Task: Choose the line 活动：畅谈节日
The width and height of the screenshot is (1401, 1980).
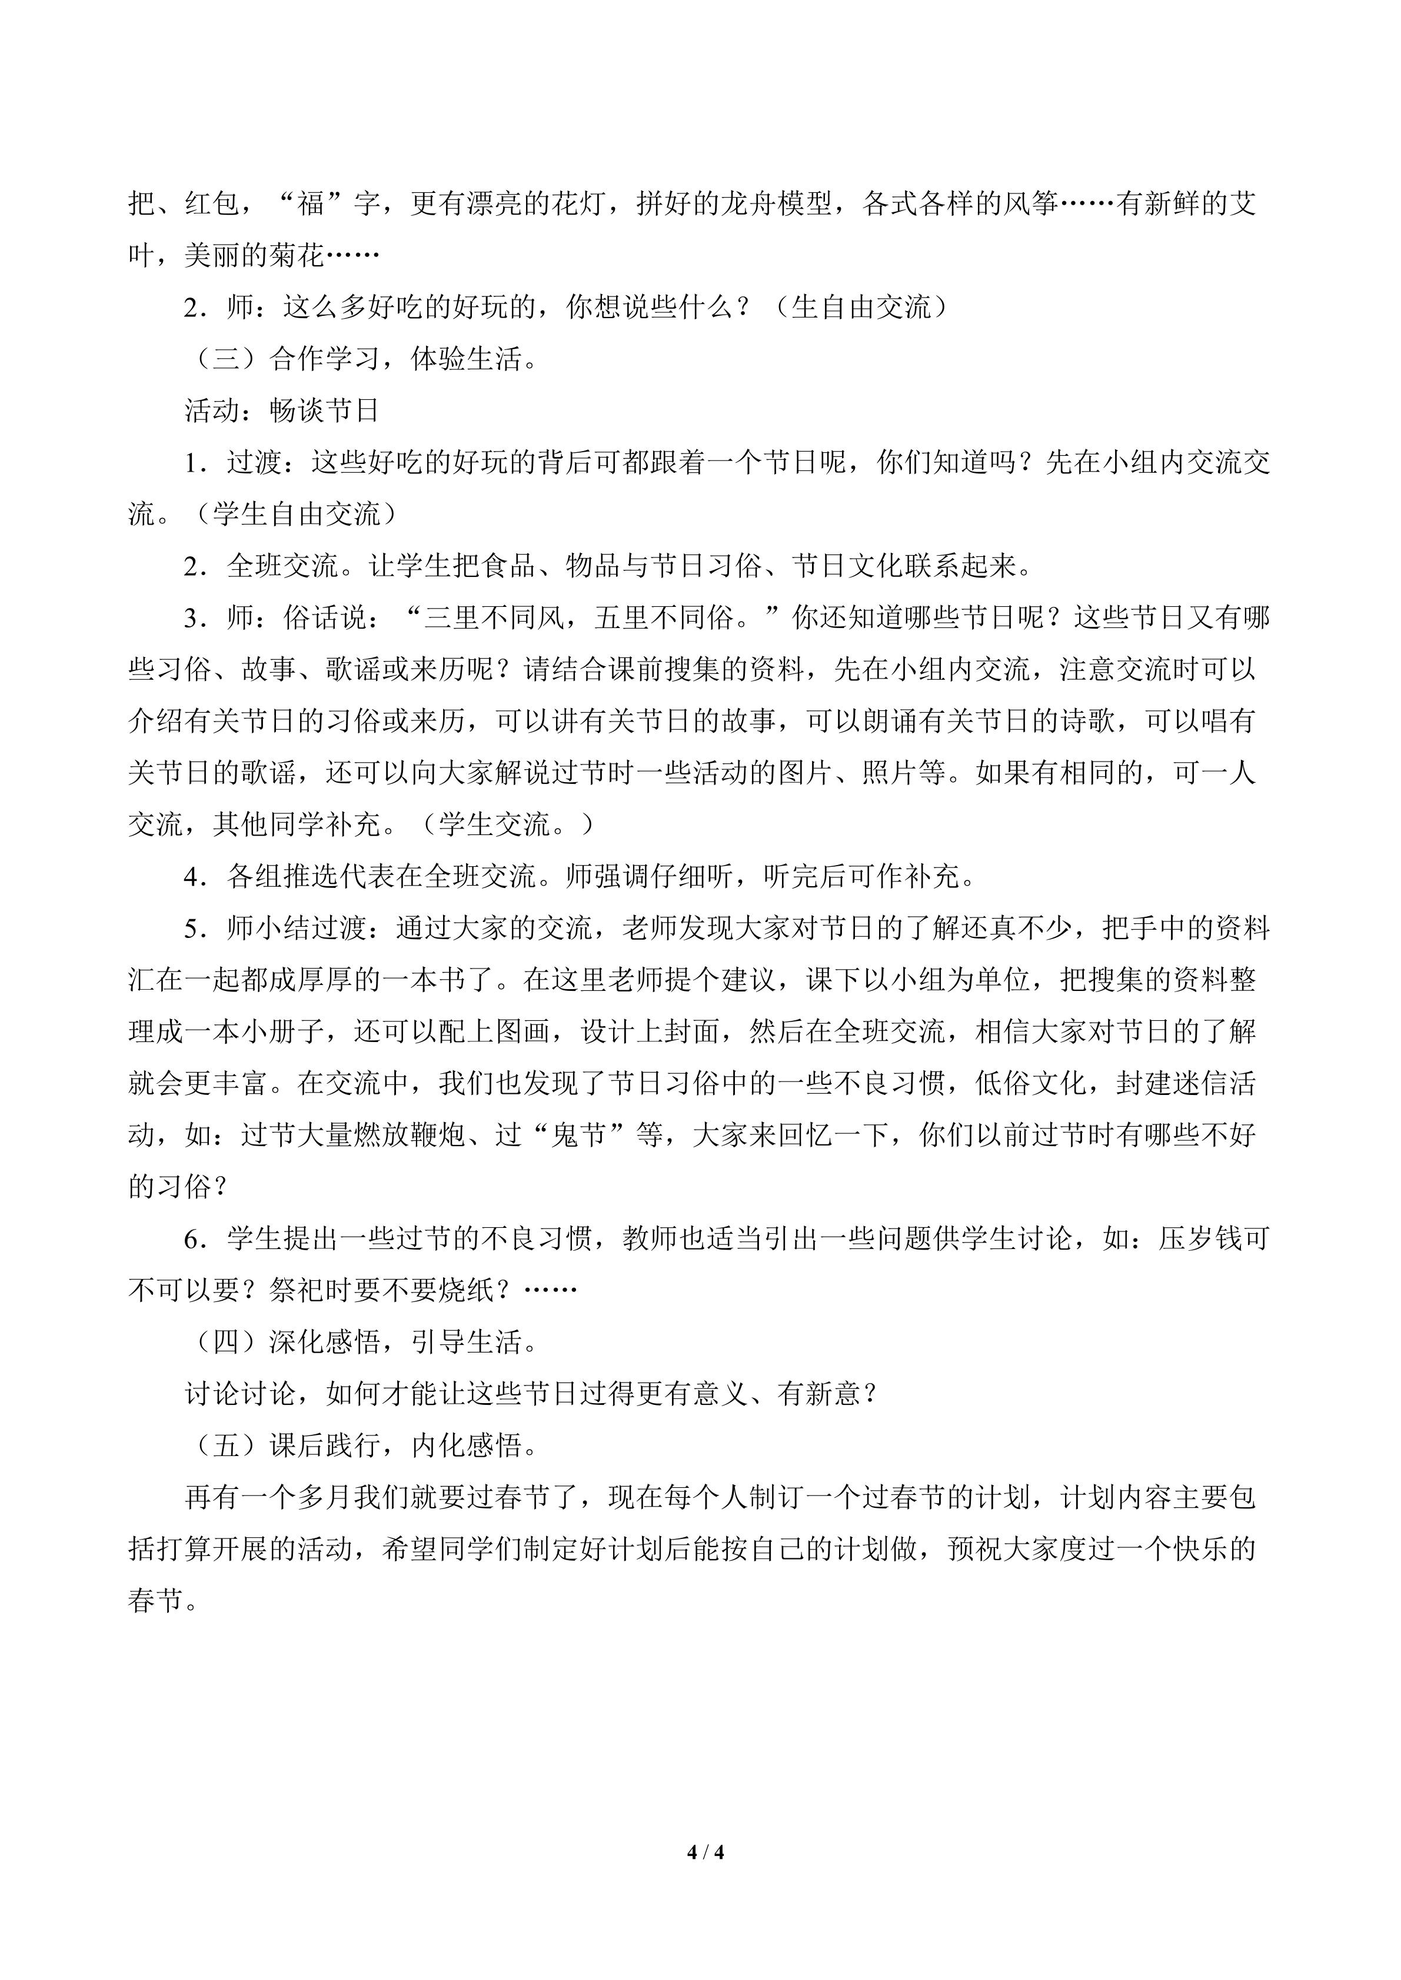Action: click(x=282, y=412)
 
